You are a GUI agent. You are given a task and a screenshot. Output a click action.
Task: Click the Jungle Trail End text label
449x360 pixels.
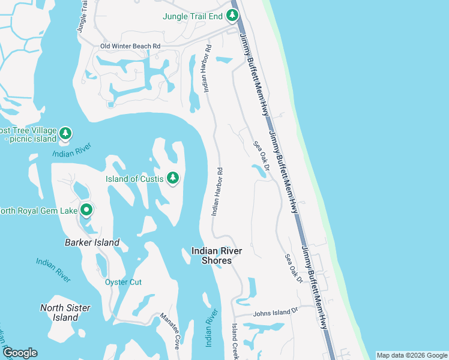point(193,16)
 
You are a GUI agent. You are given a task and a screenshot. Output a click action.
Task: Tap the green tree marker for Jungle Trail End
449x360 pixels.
point(231,16)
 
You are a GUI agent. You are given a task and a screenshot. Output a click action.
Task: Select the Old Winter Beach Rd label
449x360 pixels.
point(130,46)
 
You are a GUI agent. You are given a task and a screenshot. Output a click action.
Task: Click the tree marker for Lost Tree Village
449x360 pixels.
point(65,133)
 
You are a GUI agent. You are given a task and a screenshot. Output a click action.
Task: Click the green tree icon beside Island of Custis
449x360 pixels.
point(172,178)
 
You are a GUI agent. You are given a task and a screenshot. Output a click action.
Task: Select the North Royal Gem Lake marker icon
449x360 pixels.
point(86,210)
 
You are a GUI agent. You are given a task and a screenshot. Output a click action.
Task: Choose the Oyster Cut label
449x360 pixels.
point(123,282)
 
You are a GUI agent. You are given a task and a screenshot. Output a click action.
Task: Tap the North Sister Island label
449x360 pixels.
point(65,313)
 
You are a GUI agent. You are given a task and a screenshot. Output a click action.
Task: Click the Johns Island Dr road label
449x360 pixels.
point(276,313)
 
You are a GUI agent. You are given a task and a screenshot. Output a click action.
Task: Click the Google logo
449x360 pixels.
point(19,353)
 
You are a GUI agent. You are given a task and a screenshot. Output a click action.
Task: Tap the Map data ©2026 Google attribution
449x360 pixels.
point(412,355)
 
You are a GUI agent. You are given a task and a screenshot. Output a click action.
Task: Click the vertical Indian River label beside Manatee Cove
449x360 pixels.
point(210,328)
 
